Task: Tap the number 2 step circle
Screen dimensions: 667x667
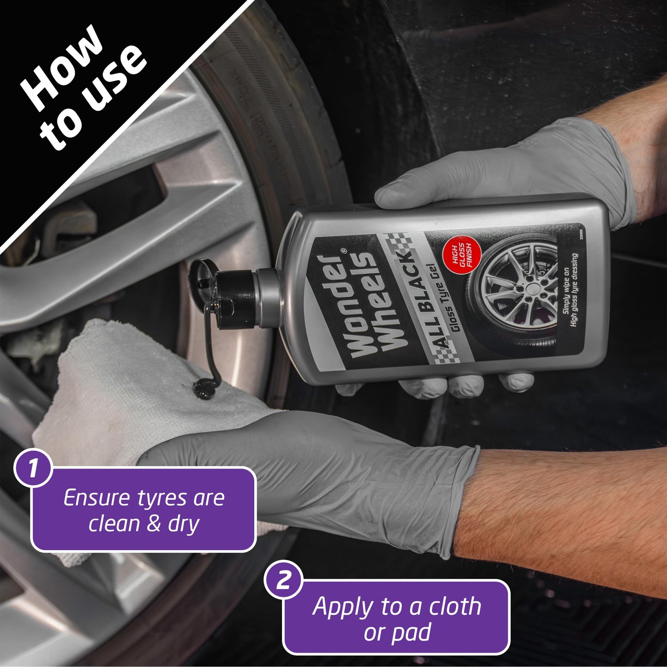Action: tap(282, 579)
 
